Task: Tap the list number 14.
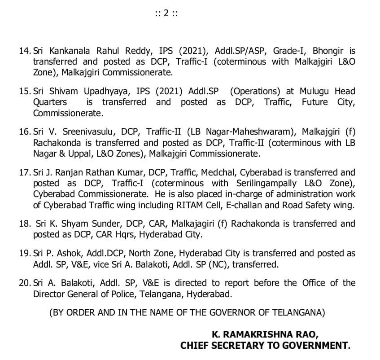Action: [x=25, y=51]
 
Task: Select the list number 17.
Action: [x=25, y=172]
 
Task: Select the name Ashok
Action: [x=66, y=253]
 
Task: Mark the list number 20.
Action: [x=25, y=283]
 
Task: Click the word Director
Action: [x=49, y=294]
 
